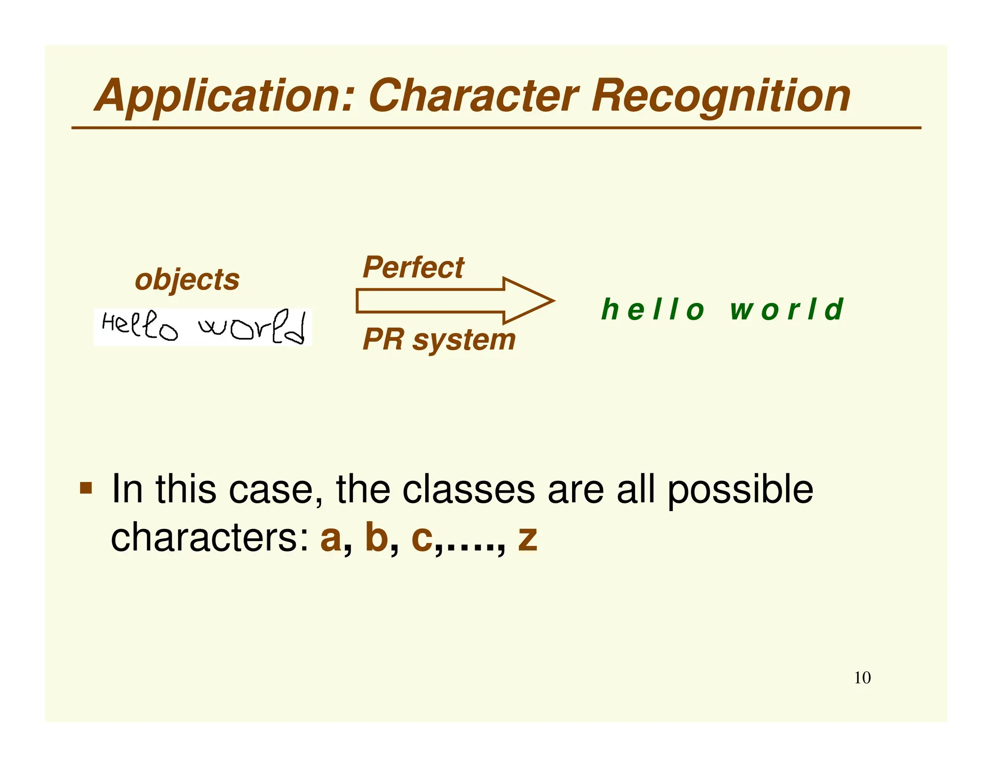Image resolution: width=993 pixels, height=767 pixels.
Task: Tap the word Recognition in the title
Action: tap(721, 96)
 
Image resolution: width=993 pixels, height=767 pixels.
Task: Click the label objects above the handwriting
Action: tap(187, 280)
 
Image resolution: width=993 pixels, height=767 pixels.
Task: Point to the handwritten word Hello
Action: tap(140, 326)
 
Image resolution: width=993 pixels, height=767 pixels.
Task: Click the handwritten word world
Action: tap(252, 327)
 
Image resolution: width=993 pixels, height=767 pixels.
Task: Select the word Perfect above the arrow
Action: tap(413, 267)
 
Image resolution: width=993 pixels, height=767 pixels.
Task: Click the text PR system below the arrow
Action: tap(439, 339)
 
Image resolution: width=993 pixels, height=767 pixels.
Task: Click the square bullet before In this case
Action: tap(86, 487)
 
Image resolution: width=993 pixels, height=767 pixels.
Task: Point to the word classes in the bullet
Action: tap(468, 489)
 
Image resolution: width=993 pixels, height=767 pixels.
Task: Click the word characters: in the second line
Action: tap(210, 538)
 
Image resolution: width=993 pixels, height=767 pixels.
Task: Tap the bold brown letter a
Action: tap(331, 538)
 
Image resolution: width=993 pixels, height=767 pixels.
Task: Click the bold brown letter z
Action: tap(528, 538)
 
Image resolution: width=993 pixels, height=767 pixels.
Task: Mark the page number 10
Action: tap(862, 678)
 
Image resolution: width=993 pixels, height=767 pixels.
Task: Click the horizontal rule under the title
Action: tap(496, 128)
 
